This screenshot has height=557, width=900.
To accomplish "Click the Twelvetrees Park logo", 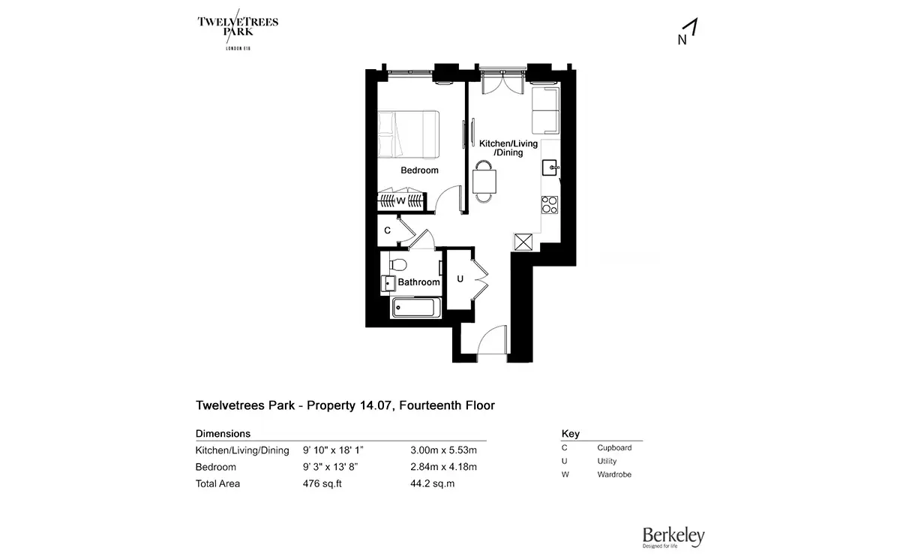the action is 238,29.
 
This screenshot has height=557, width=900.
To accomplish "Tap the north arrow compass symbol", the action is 688,32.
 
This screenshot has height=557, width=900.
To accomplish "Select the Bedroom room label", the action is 419,170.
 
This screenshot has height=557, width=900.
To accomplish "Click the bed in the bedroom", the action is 408,134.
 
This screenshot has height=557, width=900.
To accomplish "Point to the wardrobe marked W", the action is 401,200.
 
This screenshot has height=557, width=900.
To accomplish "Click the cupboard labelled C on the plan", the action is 387,230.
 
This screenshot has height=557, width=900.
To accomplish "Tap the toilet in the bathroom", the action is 397,265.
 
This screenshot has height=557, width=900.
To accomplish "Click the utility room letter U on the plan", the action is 460,279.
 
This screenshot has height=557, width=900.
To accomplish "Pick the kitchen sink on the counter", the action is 550,167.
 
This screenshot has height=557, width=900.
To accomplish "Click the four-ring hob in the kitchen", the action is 549,204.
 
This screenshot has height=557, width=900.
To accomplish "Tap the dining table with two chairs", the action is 484,182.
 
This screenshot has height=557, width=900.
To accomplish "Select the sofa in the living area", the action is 545,110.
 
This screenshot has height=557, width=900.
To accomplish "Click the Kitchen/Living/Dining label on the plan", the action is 508,148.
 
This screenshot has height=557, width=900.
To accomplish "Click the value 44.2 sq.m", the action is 432,483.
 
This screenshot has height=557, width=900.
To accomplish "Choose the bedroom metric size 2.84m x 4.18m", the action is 443,467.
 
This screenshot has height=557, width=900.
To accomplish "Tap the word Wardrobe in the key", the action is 614,474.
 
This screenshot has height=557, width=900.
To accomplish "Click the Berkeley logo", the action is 673,537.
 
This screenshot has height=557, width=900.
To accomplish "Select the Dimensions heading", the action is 223,434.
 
